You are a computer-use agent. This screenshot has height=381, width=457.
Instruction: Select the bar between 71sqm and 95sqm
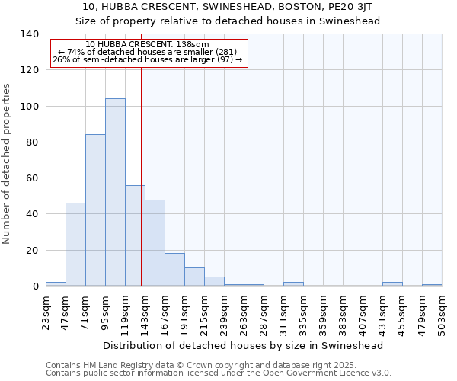(95, 210)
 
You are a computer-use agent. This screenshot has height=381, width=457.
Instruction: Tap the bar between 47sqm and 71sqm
(75, 244)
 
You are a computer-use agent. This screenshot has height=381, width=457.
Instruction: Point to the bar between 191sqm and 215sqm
(194, 277)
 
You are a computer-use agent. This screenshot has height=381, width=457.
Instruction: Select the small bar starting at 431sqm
(392, 284)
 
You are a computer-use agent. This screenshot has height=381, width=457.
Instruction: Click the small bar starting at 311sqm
(293, 284)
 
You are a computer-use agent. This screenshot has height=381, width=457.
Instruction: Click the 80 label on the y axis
(32, 142)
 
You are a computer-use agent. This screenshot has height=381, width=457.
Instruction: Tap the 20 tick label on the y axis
(32, 251)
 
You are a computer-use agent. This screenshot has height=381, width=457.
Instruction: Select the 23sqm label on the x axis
(46, 311)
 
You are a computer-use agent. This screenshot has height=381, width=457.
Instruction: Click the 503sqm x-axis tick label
(442, 311)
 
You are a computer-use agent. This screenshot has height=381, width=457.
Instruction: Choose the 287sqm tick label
(264, 311)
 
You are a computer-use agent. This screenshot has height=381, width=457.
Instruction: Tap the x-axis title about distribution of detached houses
(244, 345)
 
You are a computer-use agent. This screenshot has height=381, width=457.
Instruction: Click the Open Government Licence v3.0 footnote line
(219, 373)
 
